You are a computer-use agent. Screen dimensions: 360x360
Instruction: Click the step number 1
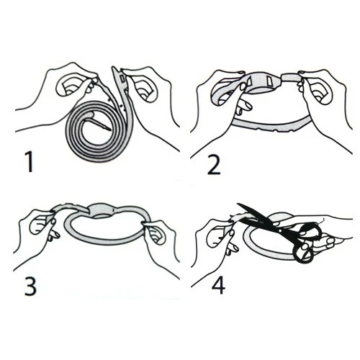point(30,162)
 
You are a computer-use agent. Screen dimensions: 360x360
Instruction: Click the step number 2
point(213,164)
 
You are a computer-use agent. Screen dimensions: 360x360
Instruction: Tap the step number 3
point(30,286)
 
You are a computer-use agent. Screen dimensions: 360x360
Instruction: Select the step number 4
point(218,284)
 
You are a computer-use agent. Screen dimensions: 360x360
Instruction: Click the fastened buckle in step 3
point(102,211)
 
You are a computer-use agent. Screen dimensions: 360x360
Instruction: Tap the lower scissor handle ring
point(303,253)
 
